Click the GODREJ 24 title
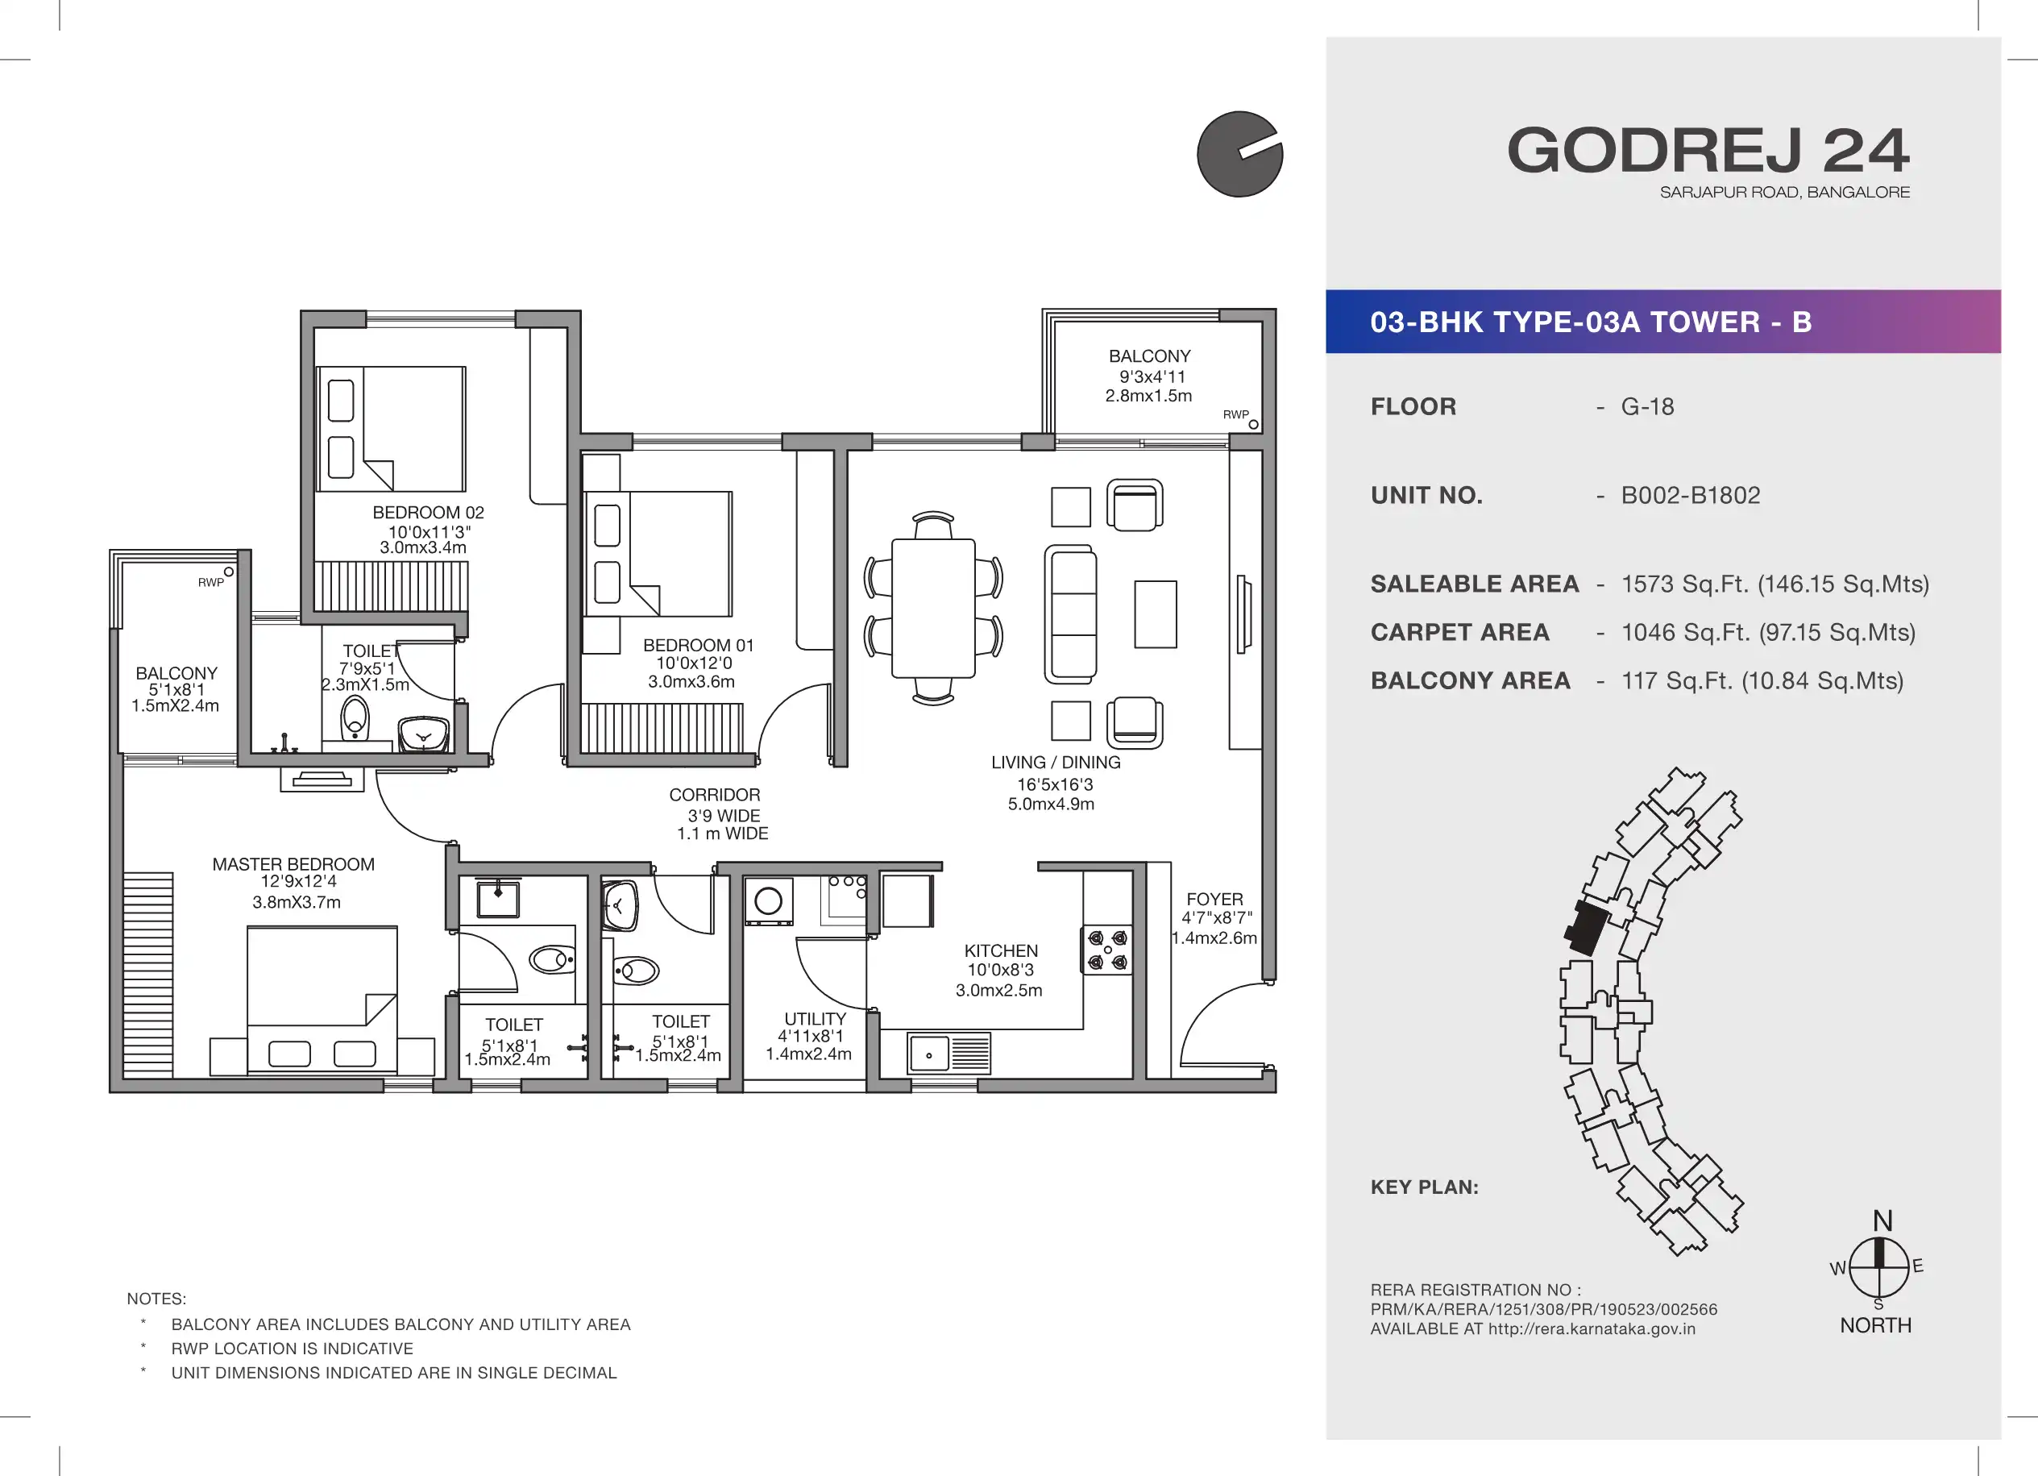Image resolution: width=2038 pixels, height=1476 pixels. coord(1708,150)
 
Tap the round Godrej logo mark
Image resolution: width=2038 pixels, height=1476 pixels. coord(1240,154)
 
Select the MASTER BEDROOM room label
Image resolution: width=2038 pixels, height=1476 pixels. coord(294,865)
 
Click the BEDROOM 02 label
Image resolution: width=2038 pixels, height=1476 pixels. coord(429,513)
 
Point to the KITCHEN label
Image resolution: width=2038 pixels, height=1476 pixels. coord(1001,951)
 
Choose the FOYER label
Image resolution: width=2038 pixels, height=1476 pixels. coord(1215,899)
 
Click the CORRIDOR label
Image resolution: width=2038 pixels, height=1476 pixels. coord(714,795)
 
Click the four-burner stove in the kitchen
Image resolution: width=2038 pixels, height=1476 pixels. coord(1107,950)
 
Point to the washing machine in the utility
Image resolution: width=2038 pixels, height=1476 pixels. coord(768,900)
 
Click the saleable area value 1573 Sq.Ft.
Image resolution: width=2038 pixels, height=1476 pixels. coord(1774,584)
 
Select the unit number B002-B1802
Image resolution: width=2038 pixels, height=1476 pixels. coord(1690,495)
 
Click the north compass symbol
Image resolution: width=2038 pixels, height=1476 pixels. coord(1878,1266)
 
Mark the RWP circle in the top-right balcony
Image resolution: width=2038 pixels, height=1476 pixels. coord(1254,424)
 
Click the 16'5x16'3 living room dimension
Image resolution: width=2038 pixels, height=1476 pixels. coord(1055,784)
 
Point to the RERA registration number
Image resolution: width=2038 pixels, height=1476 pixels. coord(1544,1310)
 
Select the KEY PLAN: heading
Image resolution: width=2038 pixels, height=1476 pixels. coord(1424,1187)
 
